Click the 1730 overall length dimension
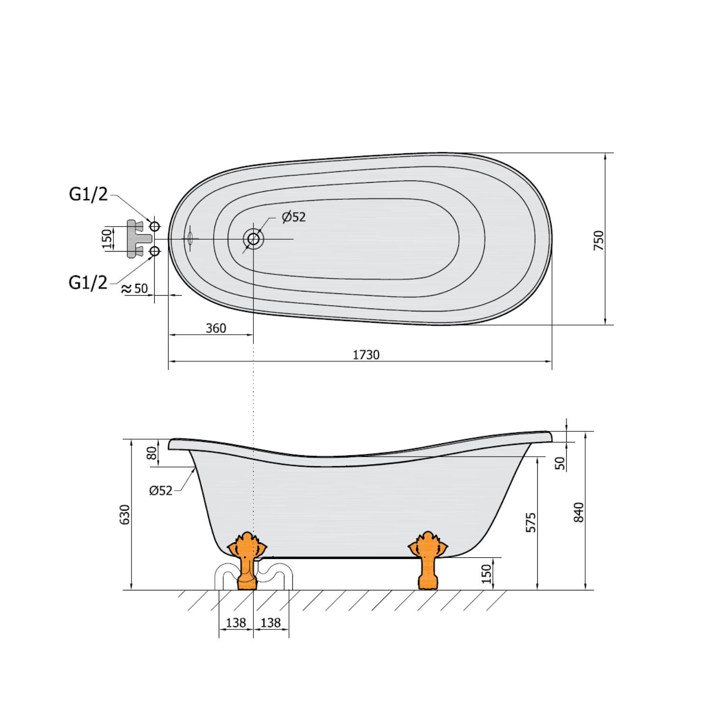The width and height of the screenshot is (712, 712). tap(366, 355)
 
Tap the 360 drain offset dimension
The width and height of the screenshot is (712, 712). tap(216, 328)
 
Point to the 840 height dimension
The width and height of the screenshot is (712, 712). tap(579, 512)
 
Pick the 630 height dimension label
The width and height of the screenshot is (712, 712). tap(124, 515)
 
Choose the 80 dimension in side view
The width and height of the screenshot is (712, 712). tap(152, 453)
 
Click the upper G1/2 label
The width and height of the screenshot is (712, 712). tap(88, 194)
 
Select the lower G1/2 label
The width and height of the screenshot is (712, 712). tap(88, 282)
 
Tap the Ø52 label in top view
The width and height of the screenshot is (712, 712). tap(294, 217)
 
